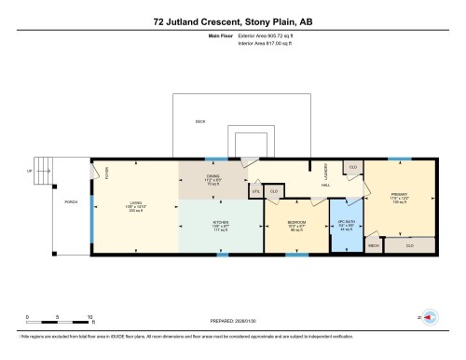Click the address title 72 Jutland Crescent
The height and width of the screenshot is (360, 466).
click(x=232, y=19)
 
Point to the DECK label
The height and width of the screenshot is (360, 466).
click(x=199, y=122)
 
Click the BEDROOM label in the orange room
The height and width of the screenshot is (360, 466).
click(x=296, y=223)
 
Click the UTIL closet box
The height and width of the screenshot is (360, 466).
click(x=254, y=191)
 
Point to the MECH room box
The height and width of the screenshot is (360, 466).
click(x=373, y=246)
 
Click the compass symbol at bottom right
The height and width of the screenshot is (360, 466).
click(x=431, y=317)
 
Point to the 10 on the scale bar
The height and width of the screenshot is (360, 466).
click(x=89, y=318)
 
